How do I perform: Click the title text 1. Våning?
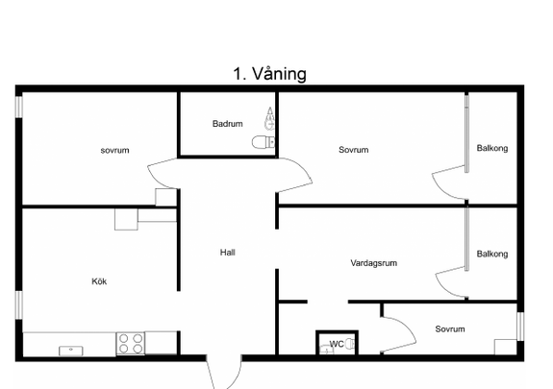269,74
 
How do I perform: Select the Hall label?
228,253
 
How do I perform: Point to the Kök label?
99,281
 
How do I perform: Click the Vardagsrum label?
374,262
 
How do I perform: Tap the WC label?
336,344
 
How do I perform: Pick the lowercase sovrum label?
114,150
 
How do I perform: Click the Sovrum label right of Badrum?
353,150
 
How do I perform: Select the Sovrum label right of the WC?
449,329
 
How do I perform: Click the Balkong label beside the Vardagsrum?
492,255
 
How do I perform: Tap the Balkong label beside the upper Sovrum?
492,148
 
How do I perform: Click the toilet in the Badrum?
261,142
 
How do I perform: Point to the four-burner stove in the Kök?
131,342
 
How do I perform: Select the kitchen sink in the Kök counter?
70,350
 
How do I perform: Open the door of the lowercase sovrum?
162,176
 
